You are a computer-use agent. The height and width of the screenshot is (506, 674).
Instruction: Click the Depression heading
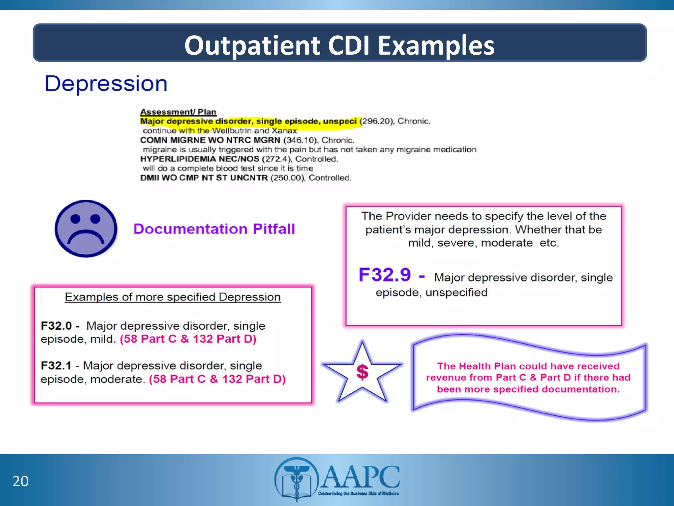pyautogui.click(x=106, y=84)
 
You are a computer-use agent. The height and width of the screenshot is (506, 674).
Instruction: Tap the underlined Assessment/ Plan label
pyautogui.click(x=178, y=112)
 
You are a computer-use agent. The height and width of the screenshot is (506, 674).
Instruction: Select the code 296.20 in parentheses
pyautogui.click(x=377, y=121)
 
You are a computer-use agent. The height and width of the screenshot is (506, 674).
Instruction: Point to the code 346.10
pyautogui.click(x=301, y=140)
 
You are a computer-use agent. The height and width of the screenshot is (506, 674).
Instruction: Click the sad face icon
pyautogui.click(x=86, y=229)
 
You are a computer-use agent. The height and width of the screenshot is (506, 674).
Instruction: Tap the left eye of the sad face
pyautogui.click(x=76, y=219)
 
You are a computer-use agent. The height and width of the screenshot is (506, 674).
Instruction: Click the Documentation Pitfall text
pyautogui.click(x=214, y=229)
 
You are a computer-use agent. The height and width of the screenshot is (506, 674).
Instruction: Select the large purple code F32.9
pyautogui.click(x=385, y=275)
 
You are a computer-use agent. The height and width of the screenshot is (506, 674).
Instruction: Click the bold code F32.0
pyautogui.click(x=56, y=326)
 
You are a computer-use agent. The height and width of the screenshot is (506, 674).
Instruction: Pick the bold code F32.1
pyautogui.click(x=56, y=365)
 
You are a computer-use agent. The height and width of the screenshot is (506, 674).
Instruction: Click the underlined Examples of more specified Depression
pyautogui.click(x=172, y=297)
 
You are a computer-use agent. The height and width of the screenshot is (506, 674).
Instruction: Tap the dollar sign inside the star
pyautogui.click(x=362, y=372)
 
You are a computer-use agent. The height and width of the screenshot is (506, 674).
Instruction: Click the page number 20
pyautogui.click(x=20, y=481)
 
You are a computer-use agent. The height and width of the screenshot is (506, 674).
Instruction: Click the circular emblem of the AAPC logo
pyautogui.click(x=297, y=479)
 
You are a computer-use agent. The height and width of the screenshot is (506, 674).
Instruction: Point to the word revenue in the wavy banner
pyautogui.click(x=446, y=378)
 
